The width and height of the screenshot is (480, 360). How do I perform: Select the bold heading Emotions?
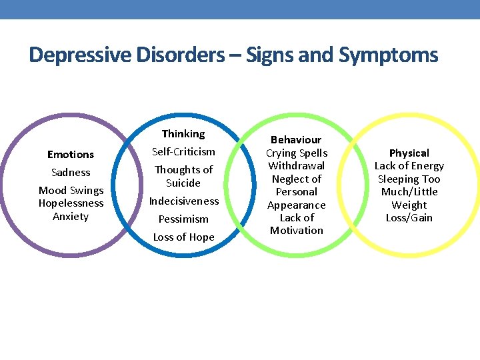pyautogui.click(x=71, y=154)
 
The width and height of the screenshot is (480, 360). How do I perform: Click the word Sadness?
pyautogui.click(x=71, y=172)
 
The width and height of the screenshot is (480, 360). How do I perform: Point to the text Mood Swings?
pyautogui.click(x=71, y=191)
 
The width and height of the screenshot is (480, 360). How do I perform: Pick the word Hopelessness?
pyautogui.click(x=71, y=203)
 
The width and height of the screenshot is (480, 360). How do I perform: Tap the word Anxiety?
pyautogui.click(x=71, y=216)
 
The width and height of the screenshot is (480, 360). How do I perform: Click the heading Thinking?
pyautogui.click(x=183, y=134)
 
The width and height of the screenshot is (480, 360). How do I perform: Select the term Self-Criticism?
pyautogui.click(x=184, y=152)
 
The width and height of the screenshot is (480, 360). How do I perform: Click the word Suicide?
pyautogui.click(x=183, y=183)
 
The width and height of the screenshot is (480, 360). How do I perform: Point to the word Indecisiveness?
pyautogui.click(x=184, y=201)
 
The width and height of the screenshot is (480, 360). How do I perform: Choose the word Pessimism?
pyautogui.click(x=183, y=219)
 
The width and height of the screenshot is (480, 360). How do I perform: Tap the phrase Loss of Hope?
pyautogui.click(x=184, y=237)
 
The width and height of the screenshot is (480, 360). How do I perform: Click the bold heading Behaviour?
pyautogui.click(x=296, y=140)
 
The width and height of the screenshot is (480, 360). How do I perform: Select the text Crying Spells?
pyautogui.click(x=297, y=153)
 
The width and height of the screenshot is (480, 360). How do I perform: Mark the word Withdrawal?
pyautogui.click(x=297, y=165)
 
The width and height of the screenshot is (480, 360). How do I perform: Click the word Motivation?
pyautogui.click(x=297, y=230)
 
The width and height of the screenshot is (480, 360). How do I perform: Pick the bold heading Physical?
pyautogui.click(x=409, y=153)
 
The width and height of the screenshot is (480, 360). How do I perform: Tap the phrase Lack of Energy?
pyautogui.click(x=409, y=166)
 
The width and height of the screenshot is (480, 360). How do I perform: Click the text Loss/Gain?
pyautogui.click(x=409, y=217)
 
